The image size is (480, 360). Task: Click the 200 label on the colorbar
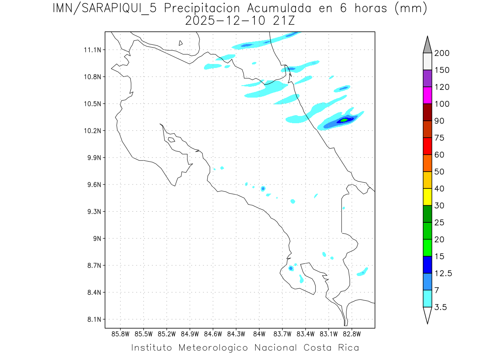pyautogui.click(x=442, y=53)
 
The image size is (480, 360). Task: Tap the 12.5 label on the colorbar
pyautogui.click(x=443, y=273)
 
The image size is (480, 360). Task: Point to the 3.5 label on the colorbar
pyautogui.click(x=440, y=307)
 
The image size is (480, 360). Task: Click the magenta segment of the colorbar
pyautogui.click(x=427, y=96)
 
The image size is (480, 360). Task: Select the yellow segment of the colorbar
pyautogui.click(x=427, y=197)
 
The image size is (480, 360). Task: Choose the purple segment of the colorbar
pyautogui.click(x=427, y=78)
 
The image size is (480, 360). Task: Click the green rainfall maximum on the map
pyautogui.click(x=344, y=120)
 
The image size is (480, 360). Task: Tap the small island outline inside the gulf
pyautogui.click(x=171, y=140)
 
